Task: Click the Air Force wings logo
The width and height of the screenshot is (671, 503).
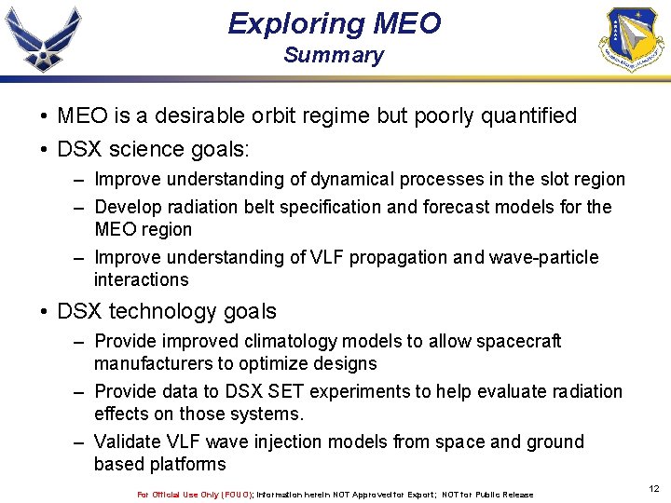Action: (x=43, y=39)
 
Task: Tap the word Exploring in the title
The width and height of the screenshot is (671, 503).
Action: (x=286, y=23)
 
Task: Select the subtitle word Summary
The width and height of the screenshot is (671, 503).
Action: (x=334, y=55)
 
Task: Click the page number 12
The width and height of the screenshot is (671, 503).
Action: (x=653, y=488)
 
